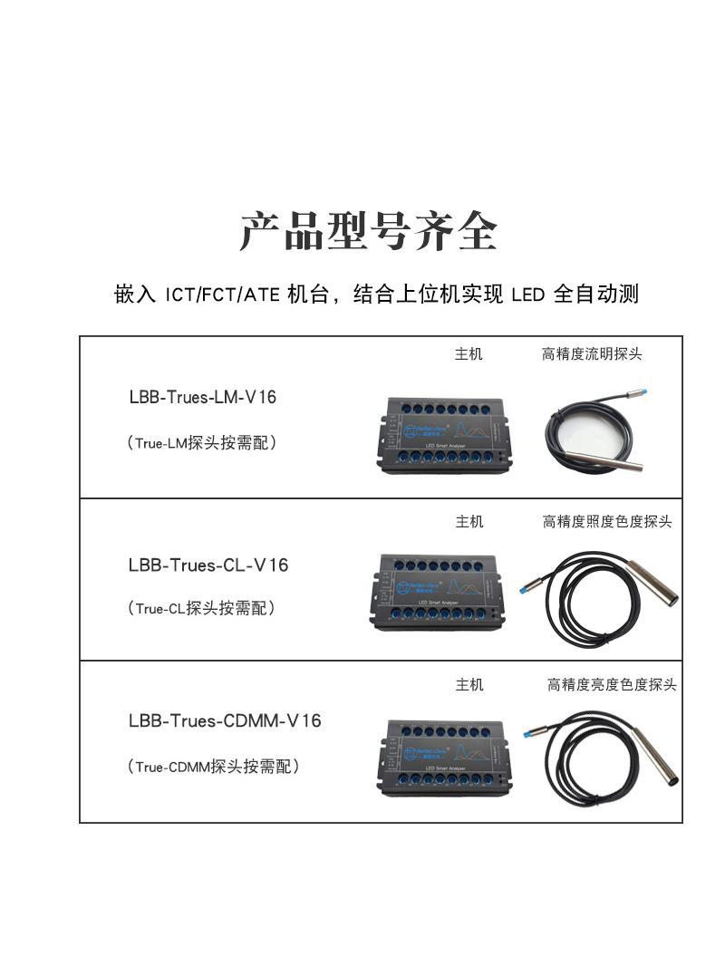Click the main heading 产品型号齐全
(368, 232)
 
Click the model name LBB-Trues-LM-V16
(202, 397)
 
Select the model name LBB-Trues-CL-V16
(208, 565)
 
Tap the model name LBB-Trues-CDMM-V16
(225, 721)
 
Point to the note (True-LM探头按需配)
(201, 443)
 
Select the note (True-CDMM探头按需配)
(213, 767)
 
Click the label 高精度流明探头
(592, 354)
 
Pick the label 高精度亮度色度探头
(612, 685)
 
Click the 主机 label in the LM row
(469, 354)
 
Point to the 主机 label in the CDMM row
(469, 685)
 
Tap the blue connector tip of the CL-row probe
(525, 589)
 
